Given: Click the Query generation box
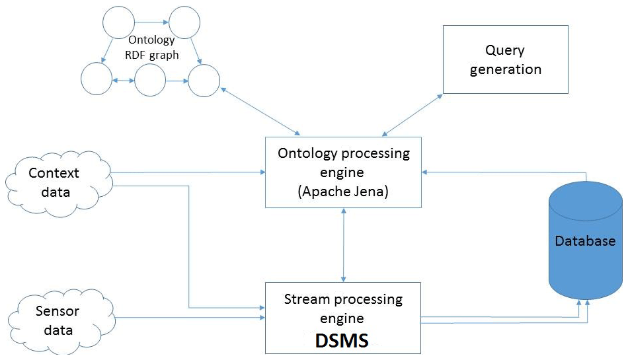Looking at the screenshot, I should tap(505, 59).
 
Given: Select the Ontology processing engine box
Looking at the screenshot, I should tap(343, 171).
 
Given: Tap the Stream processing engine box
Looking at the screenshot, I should tap(343, 317).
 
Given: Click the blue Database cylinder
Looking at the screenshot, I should tap(585, 241).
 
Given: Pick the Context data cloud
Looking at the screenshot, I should tap(54, 181).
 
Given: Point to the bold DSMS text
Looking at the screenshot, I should tap(343, 340).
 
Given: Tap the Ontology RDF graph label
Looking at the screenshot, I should tap(153, 48).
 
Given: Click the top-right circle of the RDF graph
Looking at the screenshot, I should tap(184, 23).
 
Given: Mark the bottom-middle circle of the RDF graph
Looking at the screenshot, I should tap(149, 81).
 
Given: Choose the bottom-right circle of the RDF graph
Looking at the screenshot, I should tap(204, 81).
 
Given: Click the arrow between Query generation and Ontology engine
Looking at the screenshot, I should tap(413, 114).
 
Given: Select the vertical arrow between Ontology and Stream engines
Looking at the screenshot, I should tap(343, 244).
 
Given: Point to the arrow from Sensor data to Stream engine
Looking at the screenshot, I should tap(188, 318).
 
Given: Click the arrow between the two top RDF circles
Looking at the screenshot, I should tap(151, 22).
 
